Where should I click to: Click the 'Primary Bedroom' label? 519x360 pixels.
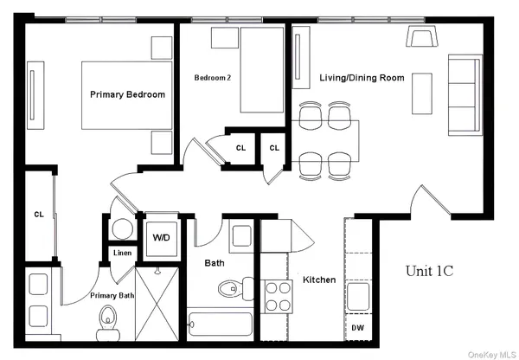128,94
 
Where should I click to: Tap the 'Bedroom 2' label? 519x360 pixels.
212,78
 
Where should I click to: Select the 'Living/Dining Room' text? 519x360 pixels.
362,78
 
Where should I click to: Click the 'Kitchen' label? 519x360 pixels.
319,280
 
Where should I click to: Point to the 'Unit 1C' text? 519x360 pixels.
430,271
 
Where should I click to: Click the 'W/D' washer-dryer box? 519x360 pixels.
162,236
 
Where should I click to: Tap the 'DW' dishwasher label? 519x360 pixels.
358,327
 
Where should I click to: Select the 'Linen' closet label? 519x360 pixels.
122,254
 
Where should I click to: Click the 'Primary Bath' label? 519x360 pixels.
112,295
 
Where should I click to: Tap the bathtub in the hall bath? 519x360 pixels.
220,325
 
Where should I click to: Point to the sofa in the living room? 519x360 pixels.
465,93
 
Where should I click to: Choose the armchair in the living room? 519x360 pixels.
423,37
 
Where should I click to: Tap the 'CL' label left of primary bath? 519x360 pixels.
39,214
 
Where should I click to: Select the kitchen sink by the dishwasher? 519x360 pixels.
358,292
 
